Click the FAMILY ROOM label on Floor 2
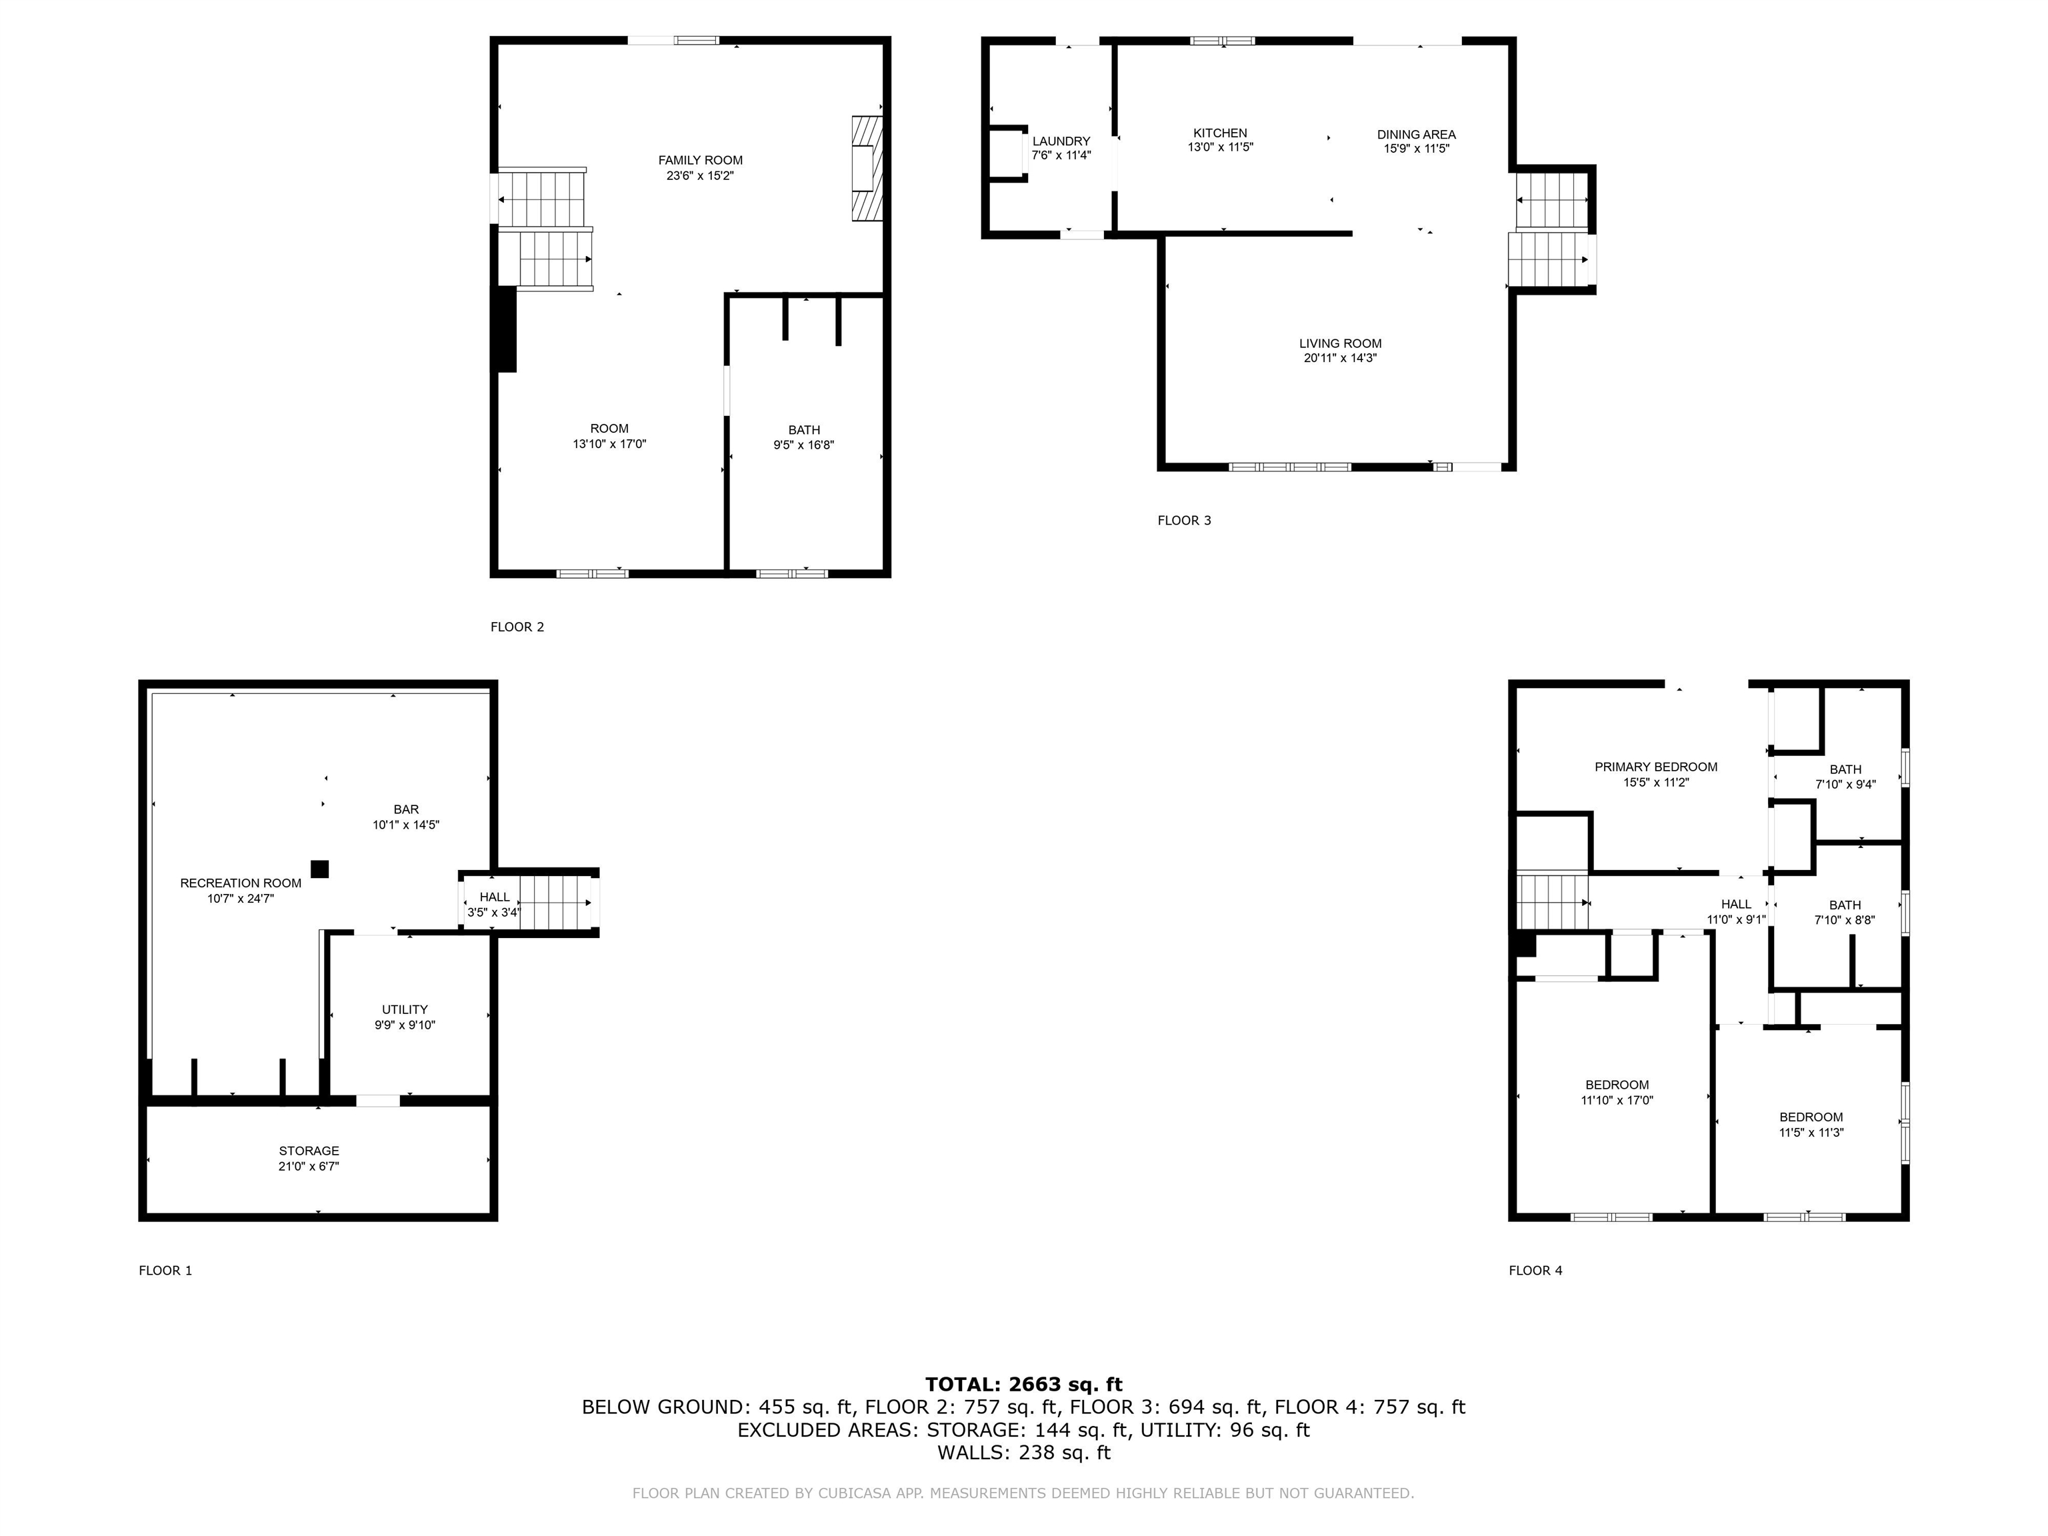point(700,160)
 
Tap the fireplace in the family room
point(867,167)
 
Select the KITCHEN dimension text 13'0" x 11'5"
point(1220,147)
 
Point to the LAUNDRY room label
point(1061,141)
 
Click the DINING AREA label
point(1415,134)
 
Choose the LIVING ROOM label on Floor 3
point(1340,343)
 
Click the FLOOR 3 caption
point(1184,520)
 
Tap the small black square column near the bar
point(319,869)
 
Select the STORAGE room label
point(309,1151)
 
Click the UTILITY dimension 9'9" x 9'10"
point(405,1025)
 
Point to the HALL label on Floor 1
point(495,897)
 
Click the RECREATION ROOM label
point(241,883)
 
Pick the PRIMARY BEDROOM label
point(1655,767)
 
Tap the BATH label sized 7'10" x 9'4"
point(1845,769)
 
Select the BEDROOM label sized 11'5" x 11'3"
point(1811,1117)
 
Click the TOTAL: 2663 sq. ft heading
point(1023,1384)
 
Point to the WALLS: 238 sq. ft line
point(1023,1453)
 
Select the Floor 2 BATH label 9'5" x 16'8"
point(803,429)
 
